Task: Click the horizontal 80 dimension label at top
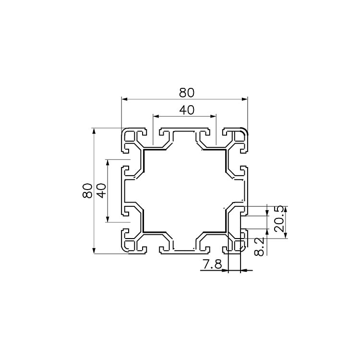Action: [x=187, y=93]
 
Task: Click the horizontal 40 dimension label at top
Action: [x=187, y=110]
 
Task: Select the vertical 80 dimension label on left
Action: [x=87, y=191]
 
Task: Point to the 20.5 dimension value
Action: [x=280, y=218]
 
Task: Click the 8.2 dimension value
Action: [x=260, y=247]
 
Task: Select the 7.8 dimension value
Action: [x=212, y=264]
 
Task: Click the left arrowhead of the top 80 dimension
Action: [x=124, y=99]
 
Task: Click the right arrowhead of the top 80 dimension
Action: [x=245, y=99]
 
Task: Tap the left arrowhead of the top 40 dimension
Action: [x=156, y=117]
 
